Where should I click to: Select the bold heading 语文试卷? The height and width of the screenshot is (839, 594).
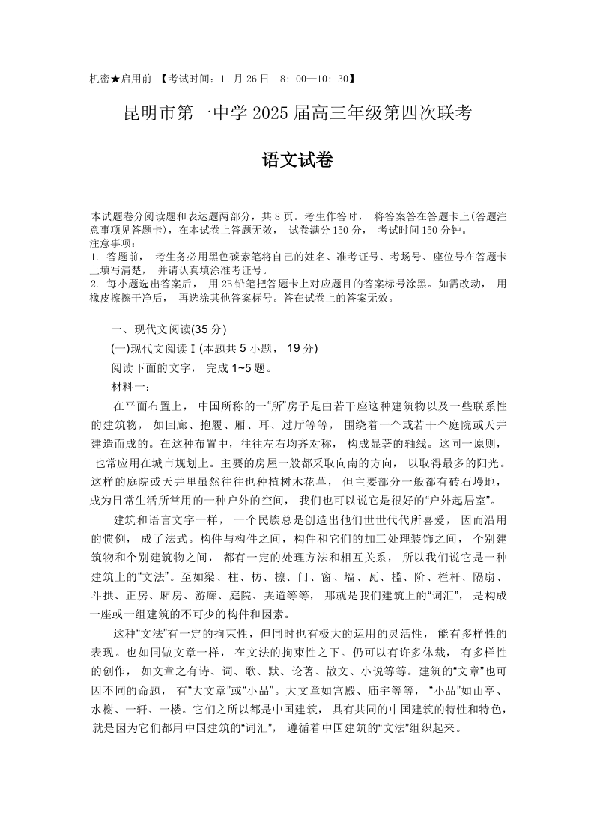(297, 161)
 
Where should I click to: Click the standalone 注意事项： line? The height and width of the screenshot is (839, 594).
(113, 243)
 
